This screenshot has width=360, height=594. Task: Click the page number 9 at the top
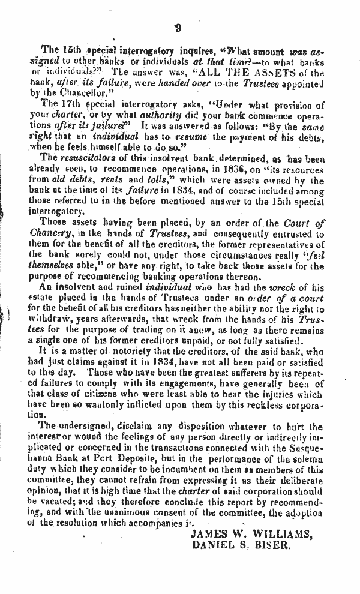coord(178,26)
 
